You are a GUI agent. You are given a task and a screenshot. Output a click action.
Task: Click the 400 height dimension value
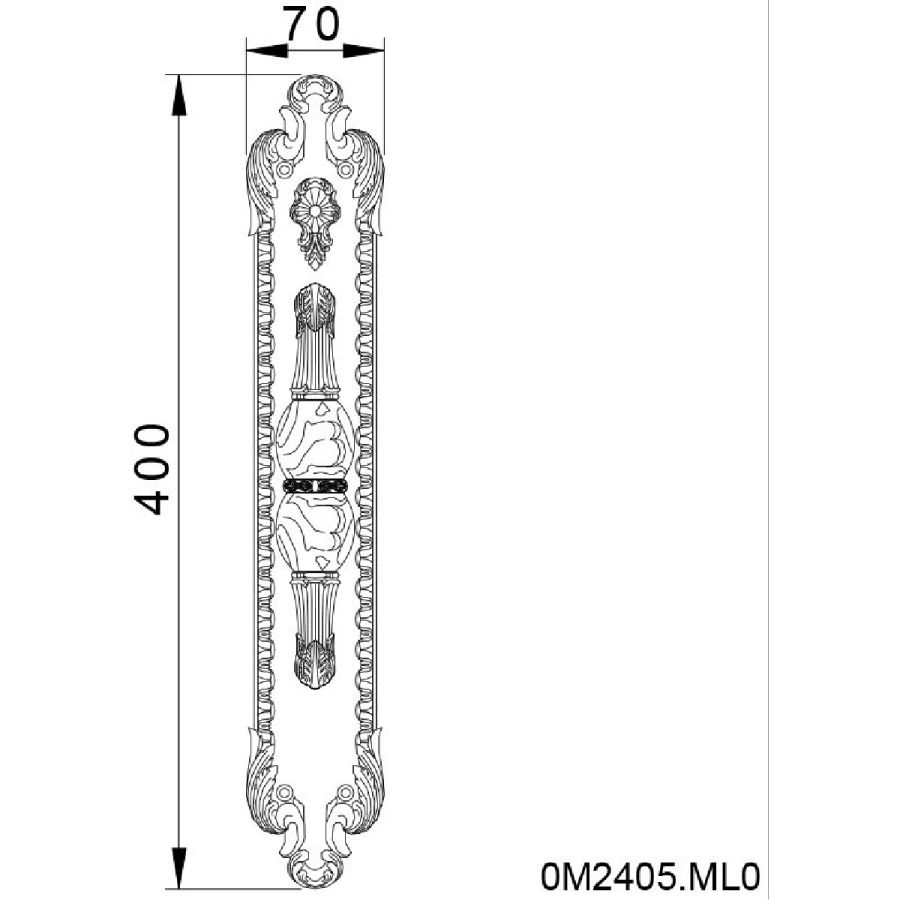(x=152, y=469)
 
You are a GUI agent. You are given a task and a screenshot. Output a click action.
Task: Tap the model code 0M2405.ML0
(x=650, y=876)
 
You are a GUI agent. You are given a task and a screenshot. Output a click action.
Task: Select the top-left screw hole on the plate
(x=283, y=170)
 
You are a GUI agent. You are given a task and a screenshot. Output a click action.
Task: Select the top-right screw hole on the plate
(x=345, y=170)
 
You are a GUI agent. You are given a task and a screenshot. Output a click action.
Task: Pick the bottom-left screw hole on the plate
(x=283, y=793)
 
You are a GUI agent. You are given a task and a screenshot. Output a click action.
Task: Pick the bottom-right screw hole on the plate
(x=345, y=793)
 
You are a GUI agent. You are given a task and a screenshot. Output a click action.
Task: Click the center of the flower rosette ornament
(x=315, y=211)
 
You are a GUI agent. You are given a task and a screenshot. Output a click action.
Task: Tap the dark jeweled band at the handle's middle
(x=315, y=486)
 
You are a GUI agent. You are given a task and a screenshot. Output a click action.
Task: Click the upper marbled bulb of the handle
(x=315, y=439)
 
